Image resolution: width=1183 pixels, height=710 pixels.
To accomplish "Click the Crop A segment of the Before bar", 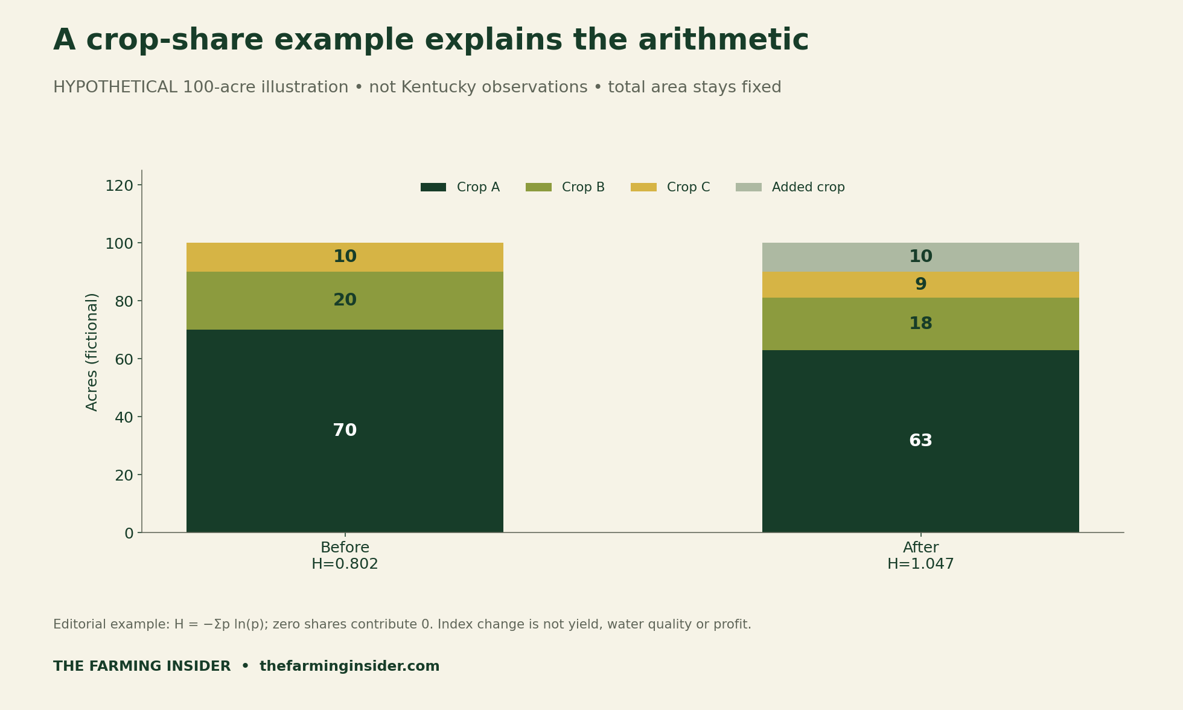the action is click(345, 431).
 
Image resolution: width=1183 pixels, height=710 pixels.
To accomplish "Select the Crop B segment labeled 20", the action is click(345, 301).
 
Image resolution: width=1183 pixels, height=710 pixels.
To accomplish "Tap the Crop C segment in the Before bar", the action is click(345, 257).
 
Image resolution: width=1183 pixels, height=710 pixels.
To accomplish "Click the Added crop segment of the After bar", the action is click(920, 257).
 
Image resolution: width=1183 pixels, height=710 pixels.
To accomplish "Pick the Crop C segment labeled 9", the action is click(920, 285).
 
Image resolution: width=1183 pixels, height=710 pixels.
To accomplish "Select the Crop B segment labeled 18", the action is click(920, 324).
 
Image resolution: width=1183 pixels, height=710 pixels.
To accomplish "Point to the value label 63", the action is click(920, 441).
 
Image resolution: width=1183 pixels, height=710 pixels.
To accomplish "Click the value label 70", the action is click(345, 431).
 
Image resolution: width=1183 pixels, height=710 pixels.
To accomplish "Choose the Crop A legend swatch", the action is click(433, 187).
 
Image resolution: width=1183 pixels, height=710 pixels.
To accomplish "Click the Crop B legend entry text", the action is click(583, 188).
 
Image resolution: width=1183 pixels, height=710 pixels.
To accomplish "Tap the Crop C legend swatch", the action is click(643, 187).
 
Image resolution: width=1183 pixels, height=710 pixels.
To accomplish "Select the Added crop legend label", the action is click(808, 188).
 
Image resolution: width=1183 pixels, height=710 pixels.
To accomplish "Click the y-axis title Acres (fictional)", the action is click(92, 352).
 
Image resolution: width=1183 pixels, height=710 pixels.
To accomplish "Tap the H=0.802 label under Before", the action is click(345, 564).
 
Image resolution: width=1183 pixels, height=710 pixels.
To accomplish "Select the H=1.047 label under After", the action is click(920, 564).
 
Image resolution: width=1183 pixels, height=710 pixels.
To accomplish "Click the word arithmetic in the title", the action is click(723, 41).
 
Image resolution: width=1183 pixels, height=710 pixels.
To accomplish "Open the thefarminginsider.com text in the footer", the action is click(349, 667).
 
